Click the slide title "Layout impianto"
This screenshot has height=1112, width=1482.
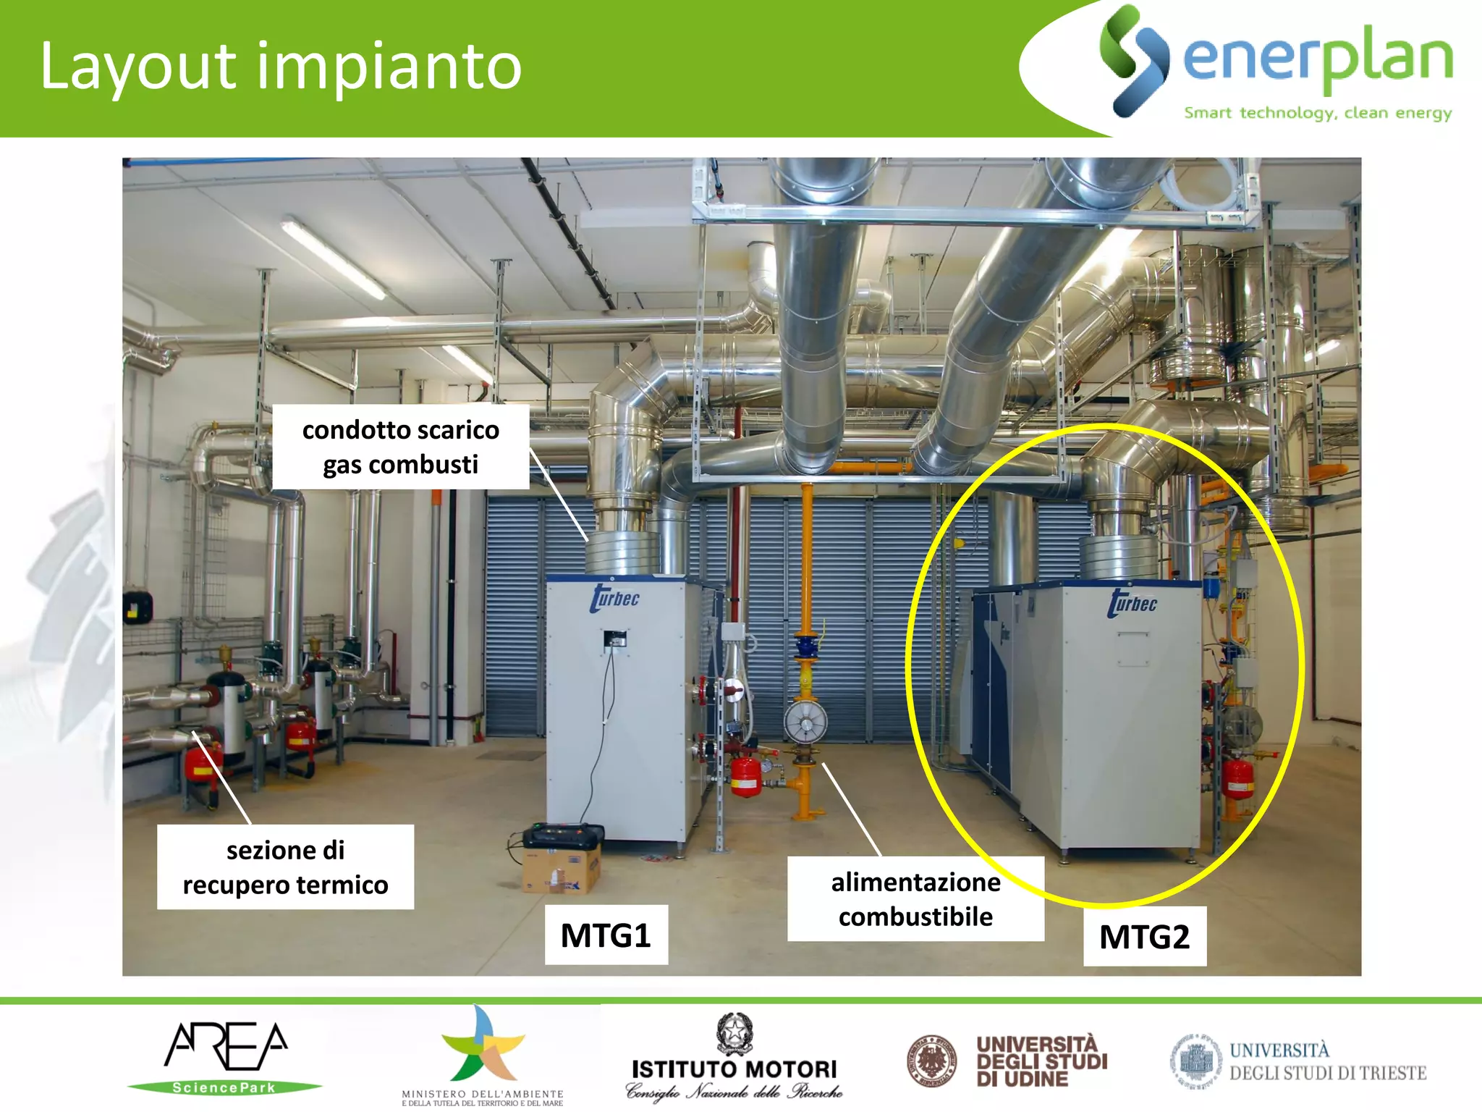pyautogui.click(x=281, y=67)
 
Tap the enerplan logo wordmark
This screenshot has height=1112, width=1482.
pyautogui.click(x=1317, y=59)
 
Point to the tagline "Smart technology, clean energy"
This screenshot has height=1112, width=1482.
pyautogui.click(x=1318, y=113)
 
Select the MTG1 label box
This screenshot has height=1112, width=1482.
pyautogui.click(x=606, y=935)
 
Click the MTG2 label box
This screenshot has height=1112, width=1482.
pyautogui.click(x=1144, y=936)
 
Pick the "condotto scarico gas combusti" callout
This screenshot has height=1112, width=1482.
pyautogui.click(x=400, y=447)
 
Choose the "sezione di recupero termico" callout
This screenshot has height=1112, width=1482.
pyautogui.click(x=285, y=867)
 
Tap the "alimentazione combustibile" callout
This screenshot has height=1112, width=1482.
pyautogui.click(x=915, y=898)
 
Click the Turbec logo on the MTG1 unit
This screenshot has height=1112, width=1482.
pyautogui.click(x=614, y=599)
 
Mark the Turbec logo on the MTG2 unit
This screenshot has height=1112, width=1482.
pyautogui.click(x=1132, y=603)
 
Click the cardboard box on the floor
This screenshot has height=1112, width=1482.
pyautogui.click(x=562, y=869)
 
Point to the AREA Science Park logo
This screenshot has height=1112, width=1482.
pyautogui.click(x=225, y=1057)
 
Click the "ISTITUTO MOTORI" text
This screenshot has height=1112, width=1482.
pyautogui.click(x=734, y=1069)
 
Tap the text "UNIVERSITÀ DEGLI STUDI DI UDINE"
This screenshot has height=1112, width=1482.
pyautogui.click(x=1041, y=1061)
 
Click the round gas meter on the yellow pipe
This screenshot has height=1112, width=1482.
pyautogui.click(x=805, y=722)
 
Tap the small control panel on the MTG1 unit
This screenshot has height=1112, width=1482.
pyautogui.click(x=615, y=639)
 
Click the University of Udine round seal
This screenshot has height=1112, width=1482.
pyautogui.click(x=932, y=1061)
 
